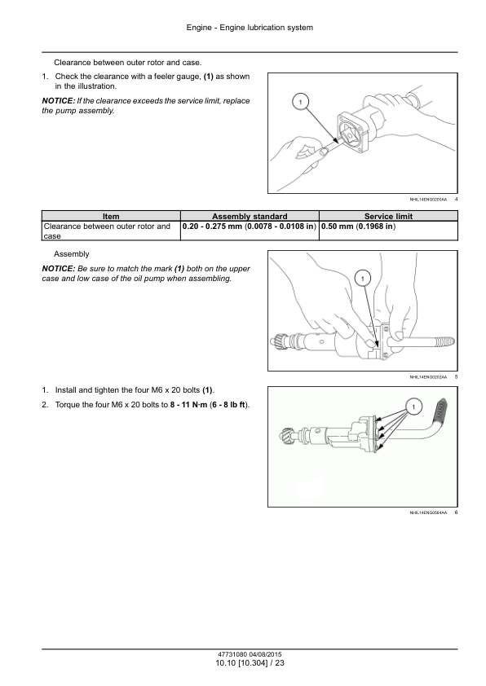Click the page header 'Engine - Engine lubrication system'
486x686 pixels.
coord(250,28)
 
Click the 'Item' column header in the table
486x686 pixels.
coord(111,216)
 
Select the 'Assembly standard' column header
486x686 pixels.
coord(250,216)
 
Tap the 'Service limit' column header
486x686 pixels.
coord(388,216)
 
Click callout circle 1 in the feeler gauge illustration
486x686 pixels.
coord(300,103)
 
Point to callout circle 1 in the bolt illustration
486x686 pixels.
coord(413,407)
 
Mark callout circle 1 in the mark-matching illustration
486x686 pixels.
coord(363,279)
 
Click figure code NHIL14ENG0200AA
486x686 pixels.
coord(428,200)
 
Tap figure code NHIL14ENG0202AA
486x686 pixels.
coord(428,376)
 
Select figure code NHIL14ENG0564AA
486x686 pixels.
coord(428,512)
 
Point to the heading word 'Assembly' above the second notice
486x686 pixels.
coord(72,254)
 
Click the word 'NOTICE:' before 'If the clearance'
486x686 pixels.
coord(58,101)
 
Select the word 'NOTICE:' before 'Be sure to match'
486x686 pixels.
coord(58,269)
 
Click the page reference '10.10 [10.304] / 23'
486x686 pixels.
coord(250,663)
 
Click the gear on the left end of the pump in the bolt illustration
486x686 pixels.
coord(287,435)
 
